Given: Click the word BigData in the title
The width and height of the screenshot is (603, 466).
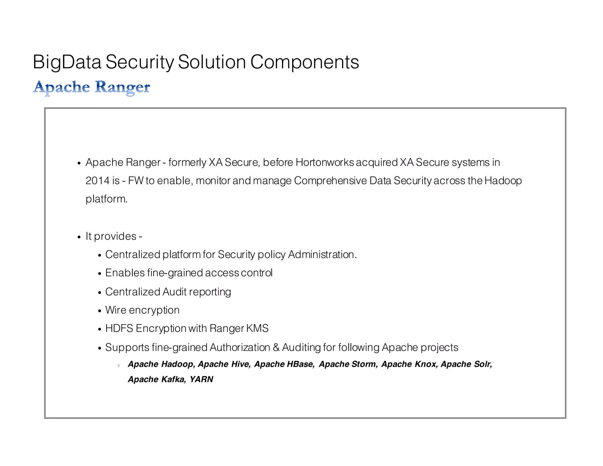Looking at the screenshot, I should pyautogui.click(x=67, y=62).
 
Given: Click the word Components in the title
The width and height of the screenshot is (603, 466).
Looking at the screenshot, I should pyautogui.click(x=304, y=62).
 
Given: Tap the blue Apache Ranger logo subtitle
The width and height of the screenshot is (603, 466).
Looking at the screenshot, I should pyautogui.click(x=91, y=87).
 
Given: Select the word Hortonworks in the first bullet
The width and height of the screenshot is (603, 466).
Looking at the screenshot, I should pyautogui.click(x=325, y=162).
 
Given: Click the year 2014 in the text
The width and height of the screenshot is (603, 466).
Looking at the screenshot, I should pyautogui.click(x=97, y=181).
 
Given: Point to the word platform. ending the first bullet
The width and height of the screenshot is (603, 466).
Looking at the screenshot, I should pyautogui.click(x=107, y=199).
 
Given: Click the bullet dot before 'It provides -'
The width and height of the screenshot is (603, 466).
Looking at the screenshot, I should pyautogui.click(x=79, y=237).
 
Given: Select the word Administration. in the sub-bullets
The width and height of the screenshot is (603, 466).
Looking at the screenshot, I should pyautogui.click(x=322, y=255).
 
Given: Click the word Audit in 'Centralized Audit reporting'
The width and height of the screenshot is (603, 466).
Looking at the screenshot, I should pyautogui.click(x=175, y=292).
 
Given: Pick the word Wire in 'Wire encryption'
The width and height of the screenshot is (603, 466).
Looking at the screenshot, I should pyautogui.click(x=116, y=310).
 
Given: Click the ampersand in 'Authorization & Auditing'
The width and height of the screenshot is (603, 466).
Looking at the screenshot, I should pyautogui.click(x=276, y=348).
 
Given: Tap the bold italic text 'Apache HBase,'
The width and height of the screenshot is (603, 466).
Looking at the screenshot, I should pyautogui.click(x=284, y=364).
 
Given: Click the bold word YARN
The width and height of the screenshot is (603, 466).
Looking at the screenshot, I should pyautogui.click(x=201, y=379).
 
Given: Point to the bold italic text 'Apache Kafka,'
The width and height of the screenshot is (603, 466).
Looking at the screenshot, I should pyautogui.click(x=157, y=379).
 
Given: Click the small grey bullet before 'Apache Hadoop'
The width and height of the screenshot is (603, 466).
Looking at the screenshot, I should pyautogui.click(x=119, y=366).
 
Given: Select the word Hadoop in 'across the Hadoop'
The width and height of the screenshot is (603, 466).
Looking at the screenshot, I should pyautogui.click(x=503, y=181).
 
